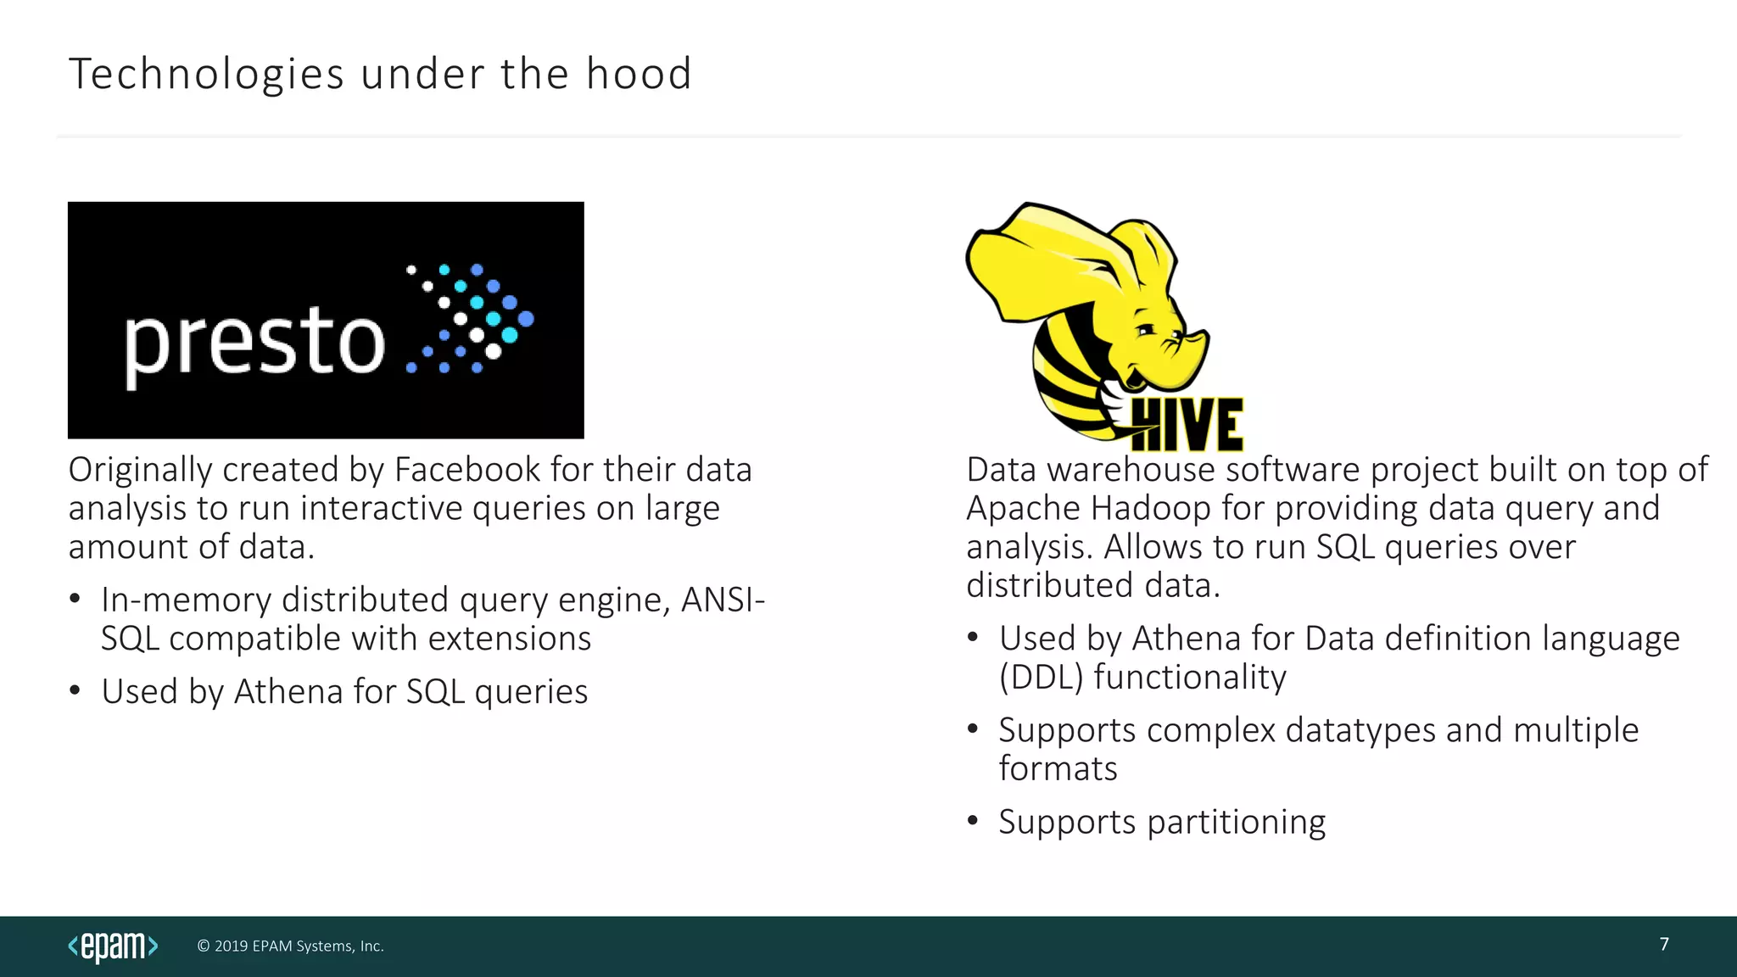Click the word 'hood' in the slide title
[x=639, y=74]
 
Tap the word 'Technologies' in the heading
[x=206, y=74]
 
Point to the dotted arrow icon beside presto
[x=471, y=319]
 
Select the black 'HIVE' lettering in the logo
[x=1187, y=424]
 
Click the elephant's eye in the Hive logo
[x=1145, y=329]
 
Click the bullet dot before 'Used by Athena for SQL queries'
[x=75, y=690]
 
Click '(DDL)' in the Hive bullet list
[x=1041, y=678]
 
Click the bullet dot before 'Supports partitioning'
[x=973, y=821]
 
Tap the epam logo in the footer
[x=113, y=946]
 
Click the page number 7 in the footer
[x=1664, y=945]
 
